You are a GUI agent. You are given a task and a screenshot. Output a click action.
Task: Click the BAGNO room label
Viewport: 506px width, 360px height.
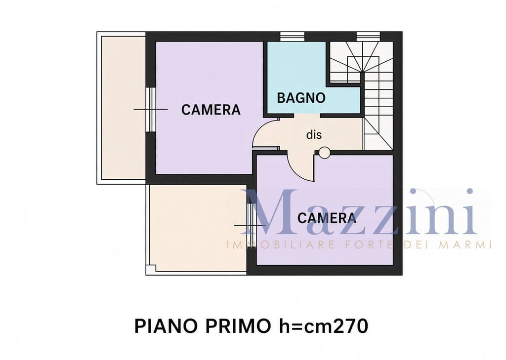tap(301, 98)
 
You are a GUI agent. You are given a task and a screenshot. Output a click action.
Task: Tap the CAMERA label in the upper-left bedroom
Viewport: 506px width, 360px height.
tap(211, 110)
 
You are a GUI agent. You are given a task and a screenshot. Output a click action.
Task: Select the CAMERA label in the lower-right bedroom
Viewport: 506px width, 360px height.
tap(327, 218)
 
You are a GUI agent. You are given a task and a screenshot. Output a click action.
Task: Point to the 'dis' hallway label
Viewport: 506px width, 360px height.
tap(314, 134)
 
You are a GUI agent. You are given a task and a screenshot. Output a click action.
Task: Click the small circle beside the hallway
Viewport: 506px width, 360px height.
tap(325, 153)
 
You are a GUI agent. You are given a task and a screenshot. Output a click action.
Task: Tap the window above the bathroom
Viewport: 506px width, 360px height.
tap(292, 37)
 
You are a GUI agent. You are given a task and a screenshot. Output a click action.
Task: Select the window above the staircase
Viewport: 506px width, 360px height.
tap(368, 37)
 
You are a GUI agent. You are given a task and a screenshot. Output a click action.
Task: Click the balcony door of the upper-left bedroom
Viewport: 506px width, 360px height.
tap(151, 109)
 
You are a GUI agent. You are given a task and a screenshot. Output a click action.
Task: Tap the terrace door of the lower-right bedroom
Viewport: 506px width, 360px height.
tap(252, 225)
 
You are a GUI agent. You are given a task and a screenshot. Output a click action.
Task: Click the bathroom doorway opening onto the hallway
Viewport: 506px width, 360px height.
tap(307, 116)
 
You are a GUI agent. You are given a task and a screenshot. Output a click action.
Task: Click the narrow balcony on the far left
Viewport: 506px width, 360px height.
tap(123, 108)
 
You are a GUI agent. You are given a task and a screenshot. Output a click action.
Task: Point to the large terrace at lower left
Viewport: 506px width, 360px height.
tap(197, 229)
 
